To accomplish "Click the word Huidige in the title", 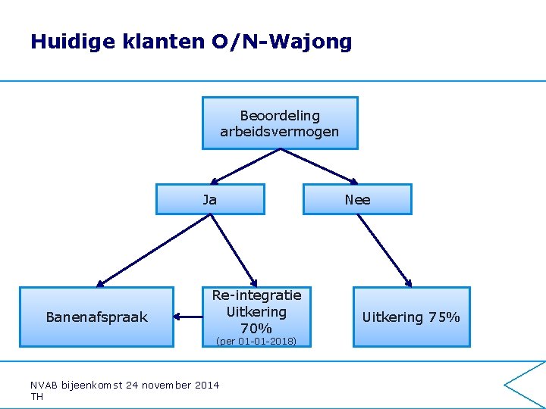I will click(71, 42).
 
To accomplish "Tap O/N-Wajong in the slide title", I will click(282, 42).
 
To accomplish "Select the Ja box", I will click(210, 200).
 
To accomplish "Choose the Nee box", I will click(357, 200).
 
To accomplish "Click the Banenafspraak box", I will click(96, 317).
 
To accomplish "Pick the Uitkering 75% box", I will click(411, 317).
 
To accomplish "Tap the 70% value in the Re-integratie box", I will click(256, 329).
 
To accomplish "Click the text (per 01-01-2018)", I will click(256, 342).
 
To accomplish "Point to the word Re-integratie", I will click(256, 295).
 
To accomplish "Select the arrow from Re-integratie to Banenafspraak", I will click(187, 317).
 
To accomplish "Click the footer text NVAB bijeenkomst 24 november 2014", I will click(124, 386).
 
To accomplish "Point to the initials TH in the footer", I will click(37, 396).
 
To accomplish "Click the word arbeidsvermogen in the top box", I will click(280, 132).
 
